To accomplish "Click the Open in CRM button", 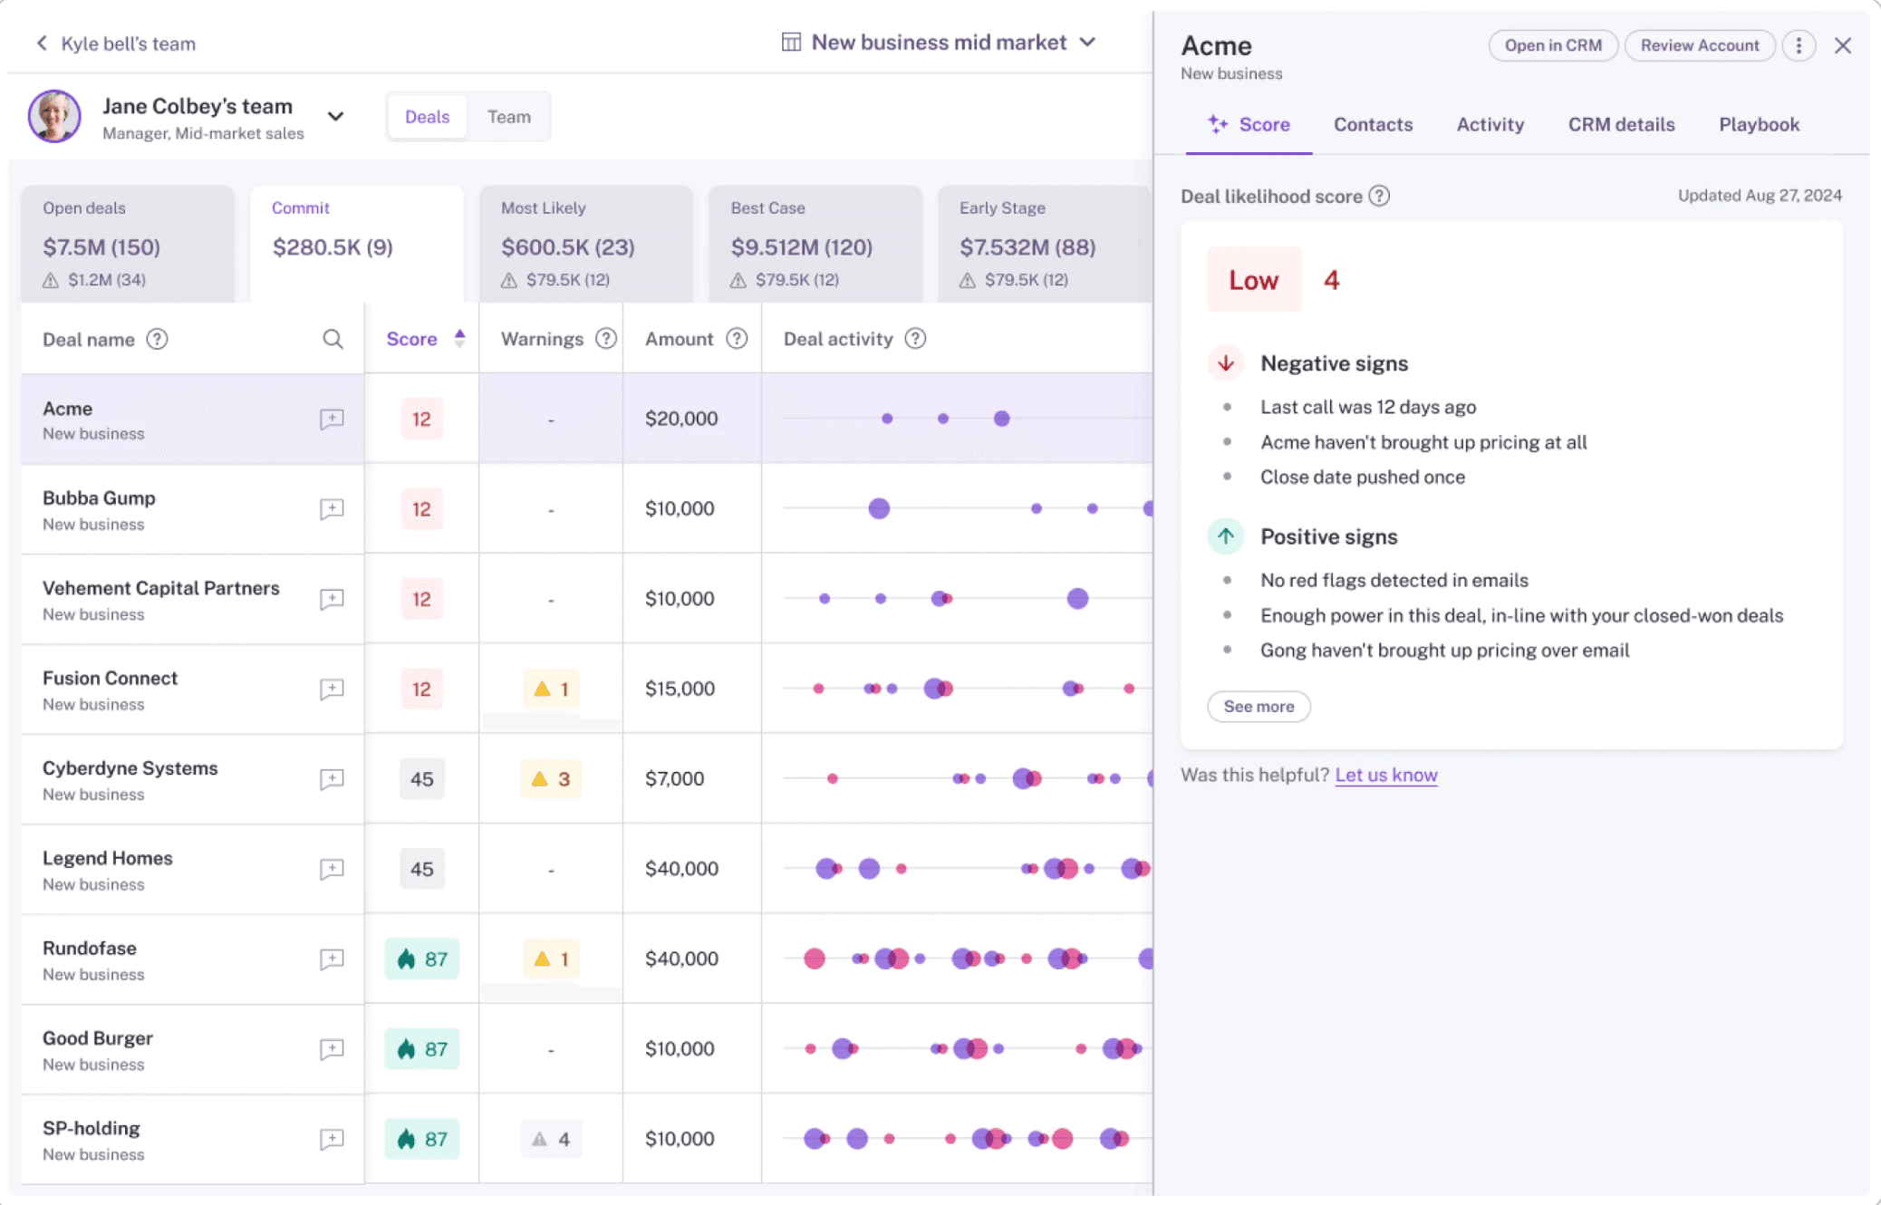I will pos(1552,45).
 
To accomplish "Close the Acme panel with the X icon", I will pos(1842,45).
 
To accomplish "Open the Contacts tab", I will pos(1373,125).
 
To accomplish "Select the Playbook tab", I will pos(1759,125).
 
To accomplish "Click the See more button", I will pos(1259,707).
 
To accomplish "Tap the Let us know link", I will pos(1385,776).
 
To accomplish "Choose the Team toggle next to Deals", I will pos(508,117).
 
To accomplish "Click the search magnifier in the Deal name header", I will pos(333,340).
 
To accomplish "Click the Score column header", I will pos(412,340).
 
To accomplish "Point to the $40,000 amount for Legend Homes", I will pos(681,869).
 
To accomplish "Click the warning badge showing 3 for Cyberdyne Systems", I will pos(551,779).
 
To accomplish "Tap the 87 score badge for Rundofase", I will pos(422,959).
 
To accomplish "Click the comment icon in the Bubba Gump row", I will pos(332,509).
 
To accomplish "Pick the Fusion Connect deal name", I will pos(110,679).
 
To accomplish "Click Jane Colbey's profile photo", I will pos(54,117).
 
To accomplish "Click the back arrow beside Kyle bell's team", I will pos(42,43).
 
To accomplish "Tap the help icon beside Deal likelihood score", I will pos(1379,197).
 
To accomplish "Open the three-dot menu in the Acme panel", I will pos(1799,45).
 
